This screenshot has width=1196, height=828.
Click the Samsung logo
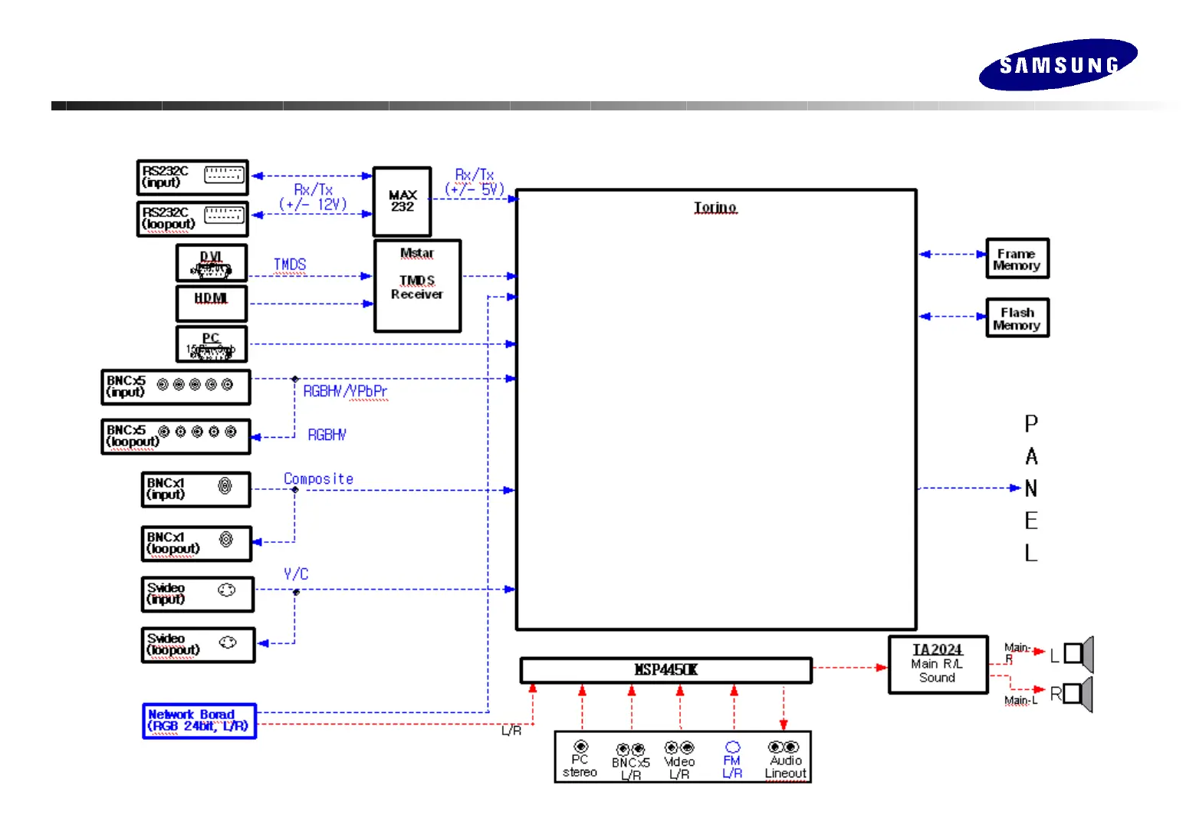click(1057, 64)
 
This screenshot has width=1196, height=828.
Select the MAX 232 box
click(402, 202)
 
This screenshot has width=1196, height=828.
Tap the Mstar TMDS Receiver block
click(417, 285)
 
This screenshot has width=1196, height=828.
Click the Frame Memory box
click(1017, 259)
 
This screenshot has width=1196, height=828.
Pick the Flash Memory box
click(1017, 318)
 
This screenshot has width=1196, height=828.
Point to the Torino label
click(715, 208)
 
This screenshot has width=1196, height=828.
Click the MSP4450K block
click(665, 670)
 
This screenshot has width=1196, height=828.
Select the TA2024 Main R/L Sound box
click(938, 664)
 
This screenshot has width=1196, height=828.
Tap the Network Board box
click(199, 721)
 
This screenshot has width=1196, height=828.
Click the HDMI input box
click(211, 304)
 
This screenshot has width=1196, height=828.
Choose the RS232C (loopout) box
click(192, 219)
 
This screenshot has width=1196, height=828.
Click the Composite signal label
click(318, 479)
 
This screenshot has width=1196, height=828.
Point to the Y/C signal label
click(295, 574)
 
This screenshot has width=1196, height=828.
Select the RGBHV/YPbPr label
click(345, 392)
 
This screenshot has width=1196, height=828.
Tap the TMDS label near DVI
click(290, 264)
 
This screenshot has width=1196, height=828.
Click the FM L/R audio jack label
click(732, 767)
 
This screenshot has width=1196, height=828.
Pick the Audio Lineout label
click(786, 767)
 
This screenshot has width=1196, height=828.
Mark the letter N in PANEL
click(1031, 488)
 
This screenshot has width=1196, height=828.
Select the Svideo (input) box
click(198, 594)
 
